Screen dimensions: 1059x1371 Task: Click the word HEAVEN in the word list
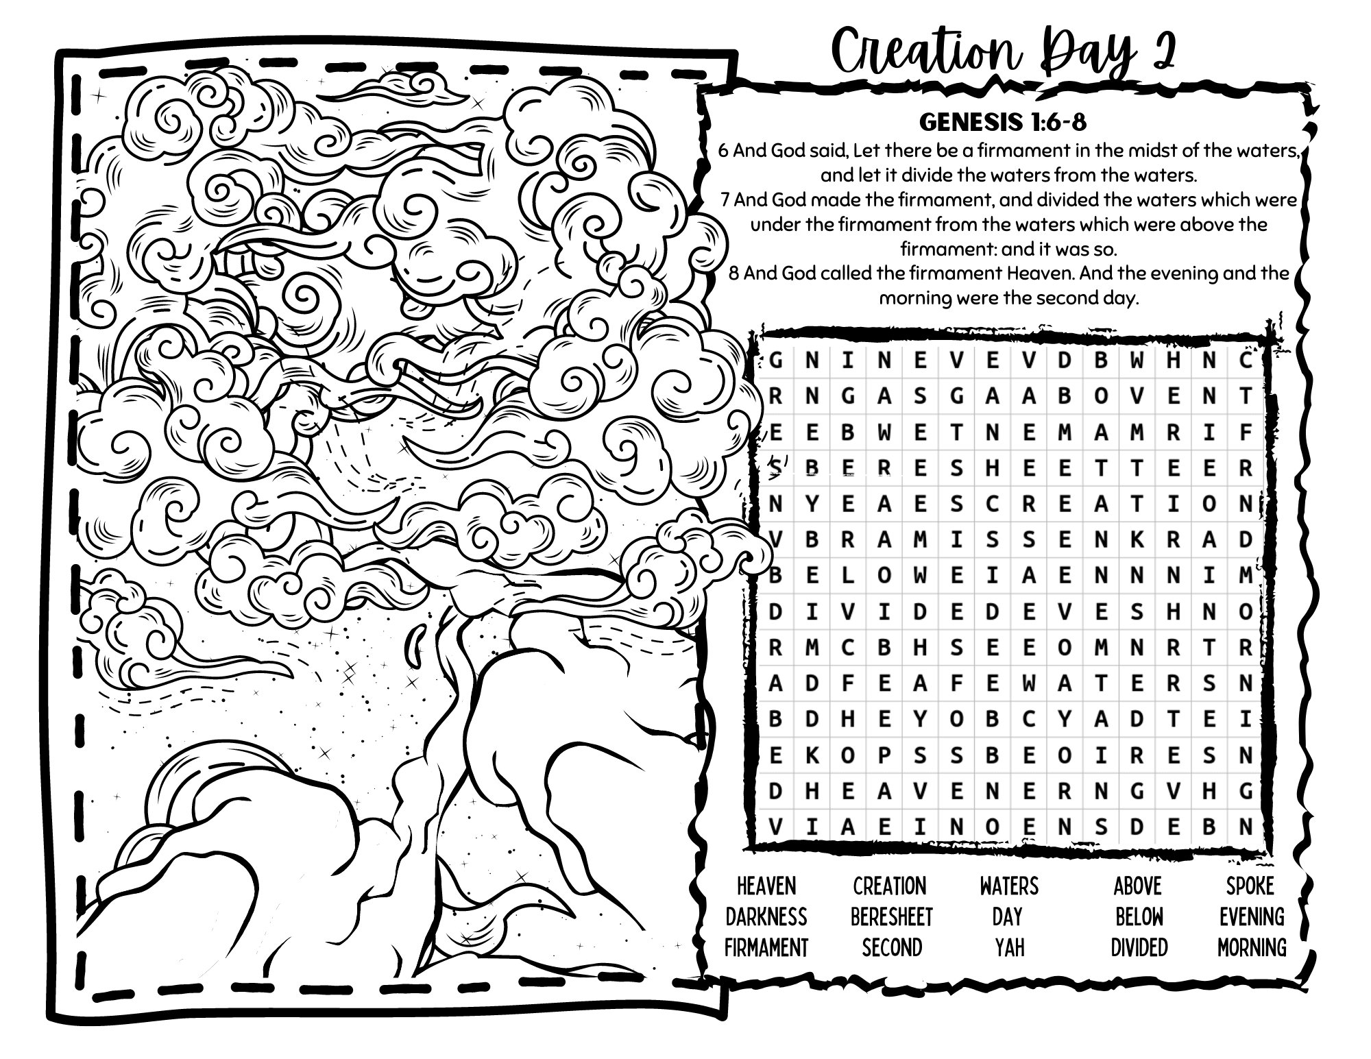766,886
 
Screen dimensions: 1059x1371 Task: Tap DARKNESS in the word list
766,917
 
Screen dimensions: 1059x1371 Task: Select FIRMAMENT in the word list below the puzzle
766,948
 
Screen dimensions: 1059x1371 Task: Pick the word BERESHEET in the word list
891,917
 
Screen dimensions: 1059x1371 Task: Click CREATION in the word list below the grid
889,886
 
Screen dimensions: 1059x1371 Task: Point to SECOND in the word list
891,948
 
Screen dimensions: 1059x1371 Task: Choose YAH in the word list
1009,948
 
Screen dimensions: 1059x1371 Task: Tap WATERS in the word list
1009,886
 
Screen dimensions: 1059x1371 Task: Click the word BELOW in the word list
1139,917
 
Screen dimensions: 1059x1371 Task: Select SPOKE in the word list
1250,886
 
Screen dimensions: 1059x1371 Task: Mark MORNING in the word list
1252,948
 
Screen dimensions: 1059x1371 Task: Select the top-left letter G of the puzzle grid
776,361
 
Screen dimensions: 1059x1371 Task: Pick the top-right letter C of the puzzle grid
1246,361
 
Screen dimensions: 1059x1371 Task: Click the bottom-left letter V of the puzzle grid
776,827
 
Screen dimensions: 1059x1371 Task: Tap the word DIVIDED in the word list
1139,948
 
